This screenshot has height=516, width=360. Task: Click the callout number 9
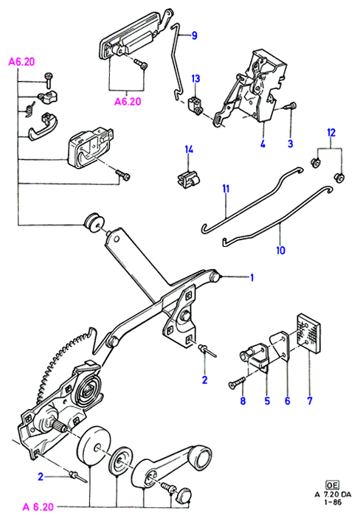pyautogui.click(x=194, y=35)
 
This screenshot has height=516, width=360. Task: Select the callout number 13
pyautogui.click(x=195, y=79)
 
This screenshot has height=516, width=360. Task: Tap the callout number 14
pyautogui.click(x=189, y=150)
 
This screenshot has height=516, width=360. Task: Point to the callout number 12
pyautogui.click(x=331, y=133)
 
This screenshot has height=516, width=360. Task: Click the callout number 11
pyautogui.click(x=226, y=189)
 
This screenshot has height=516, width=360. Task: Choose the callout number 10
pyautogui.click(x=280, y=251)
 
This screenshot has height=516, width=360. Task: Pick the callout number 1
pyautogui.click(x=252, y=278)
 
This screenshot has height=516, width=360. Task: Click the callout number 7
pyautogui.click(x=310, y=401)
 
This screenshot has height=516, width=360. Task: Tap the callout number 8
pyautogui.click(x=243, y=401)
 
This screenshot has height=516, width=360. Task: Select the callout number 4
pyautogui.click(x=263, y=144)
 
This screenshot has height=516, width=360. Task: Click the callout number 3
pyautogui.click(x=290, y=144)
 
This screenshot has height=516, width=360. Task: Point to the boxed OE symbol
pyautogui.click(x=333, y=485)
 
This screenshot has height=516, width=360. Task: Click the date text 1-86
pyautogui.click(x=333, y=502)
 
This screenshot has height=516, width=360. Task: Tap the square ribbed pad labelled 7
pyautogui.click(x=308, y=333)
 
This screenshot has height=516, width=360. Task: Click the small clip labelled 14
pyautogui.click(x=187, y=181)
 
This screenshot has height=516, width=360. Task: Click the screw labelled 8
pyautogui.click(x=237, y=382)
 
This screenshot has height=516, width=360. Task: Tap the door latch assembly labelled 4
pyautogui.click(x=252, y=89)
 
